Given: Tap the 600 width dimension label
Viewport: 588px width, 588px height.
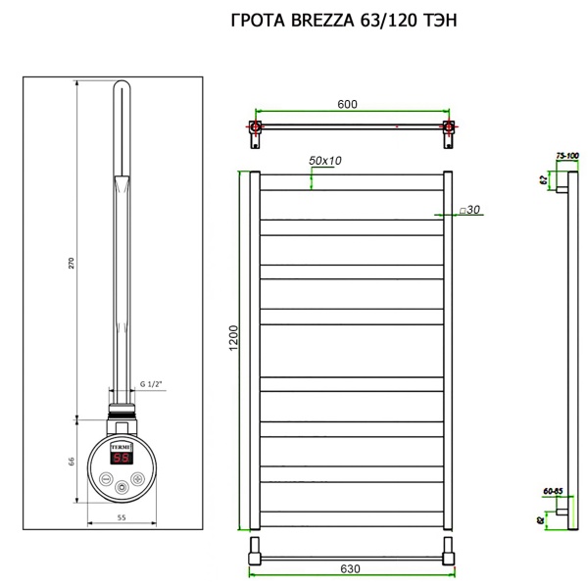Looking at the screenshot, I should click(347, 105).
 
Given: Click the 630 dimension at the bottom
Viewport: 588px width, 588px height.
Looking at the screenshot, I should click(351, 569).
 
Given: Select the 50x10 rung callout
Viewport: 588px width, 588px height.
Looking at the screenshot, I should click(325, 160).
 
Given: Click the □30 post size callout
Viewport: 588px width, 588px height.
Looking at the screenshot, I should click(467, 210).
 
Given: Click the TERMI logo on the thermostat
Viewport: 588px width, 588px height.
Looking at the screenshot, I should click(122, 444).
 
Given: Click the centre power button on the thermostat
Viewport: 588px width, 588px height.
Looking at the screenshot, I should click(121, 487).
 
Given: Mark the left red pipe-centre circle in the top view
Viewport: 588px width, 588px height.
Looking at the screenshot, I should click(256, 127).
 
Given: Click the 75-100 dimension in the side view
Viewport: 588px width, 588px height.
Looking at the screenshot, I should click(567, 156).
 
